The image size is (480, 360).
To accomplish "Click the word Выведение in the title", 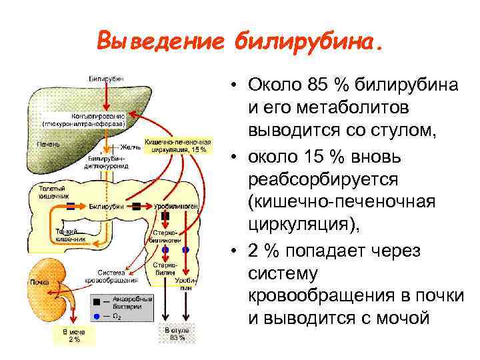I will point(160,41).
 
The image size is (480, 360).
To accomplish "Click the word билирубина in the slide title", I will point(308,41).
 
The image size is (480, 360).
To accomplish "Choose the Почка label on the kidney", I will point(39,282).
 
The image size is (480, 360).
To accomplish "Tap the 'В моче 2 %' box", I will point(74,335).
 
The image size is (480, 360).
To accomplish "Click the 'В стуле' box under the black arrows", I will point(176,333).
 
